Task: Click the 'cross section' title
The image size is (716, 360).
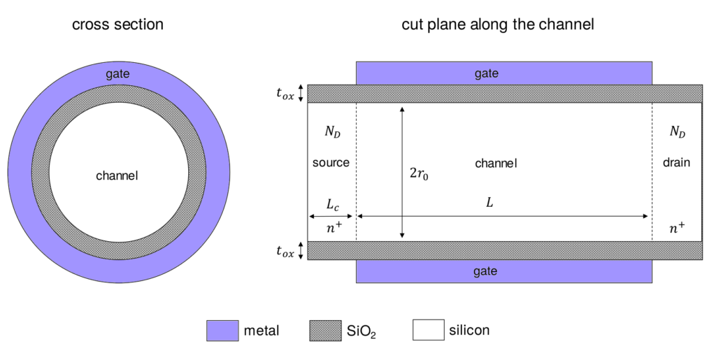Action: (x=117, y=24)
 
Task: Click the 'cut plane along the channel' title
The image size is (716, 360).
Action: (x=498, y=24)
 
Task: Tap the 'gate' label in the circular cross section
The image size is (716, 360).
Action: (x=117, y=74)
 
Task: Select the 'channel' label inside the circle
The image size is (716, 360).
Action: (x=117, y=175)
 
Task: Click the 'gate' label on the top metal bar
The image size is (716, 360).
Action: (x=487, y=73)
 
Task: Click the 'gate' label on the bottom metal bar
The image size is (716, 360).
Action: (x=485, y=271)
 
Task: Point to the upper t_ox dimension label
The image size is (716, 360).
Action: (x=285, y=93)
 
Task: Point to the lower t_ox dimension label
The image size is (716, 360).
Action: (x=285, y=250)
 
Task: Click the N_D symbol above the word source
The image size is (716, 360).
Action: (x=332, y=131)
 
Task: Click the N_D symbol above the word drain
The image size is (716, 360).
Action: (x=678, y=131)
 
